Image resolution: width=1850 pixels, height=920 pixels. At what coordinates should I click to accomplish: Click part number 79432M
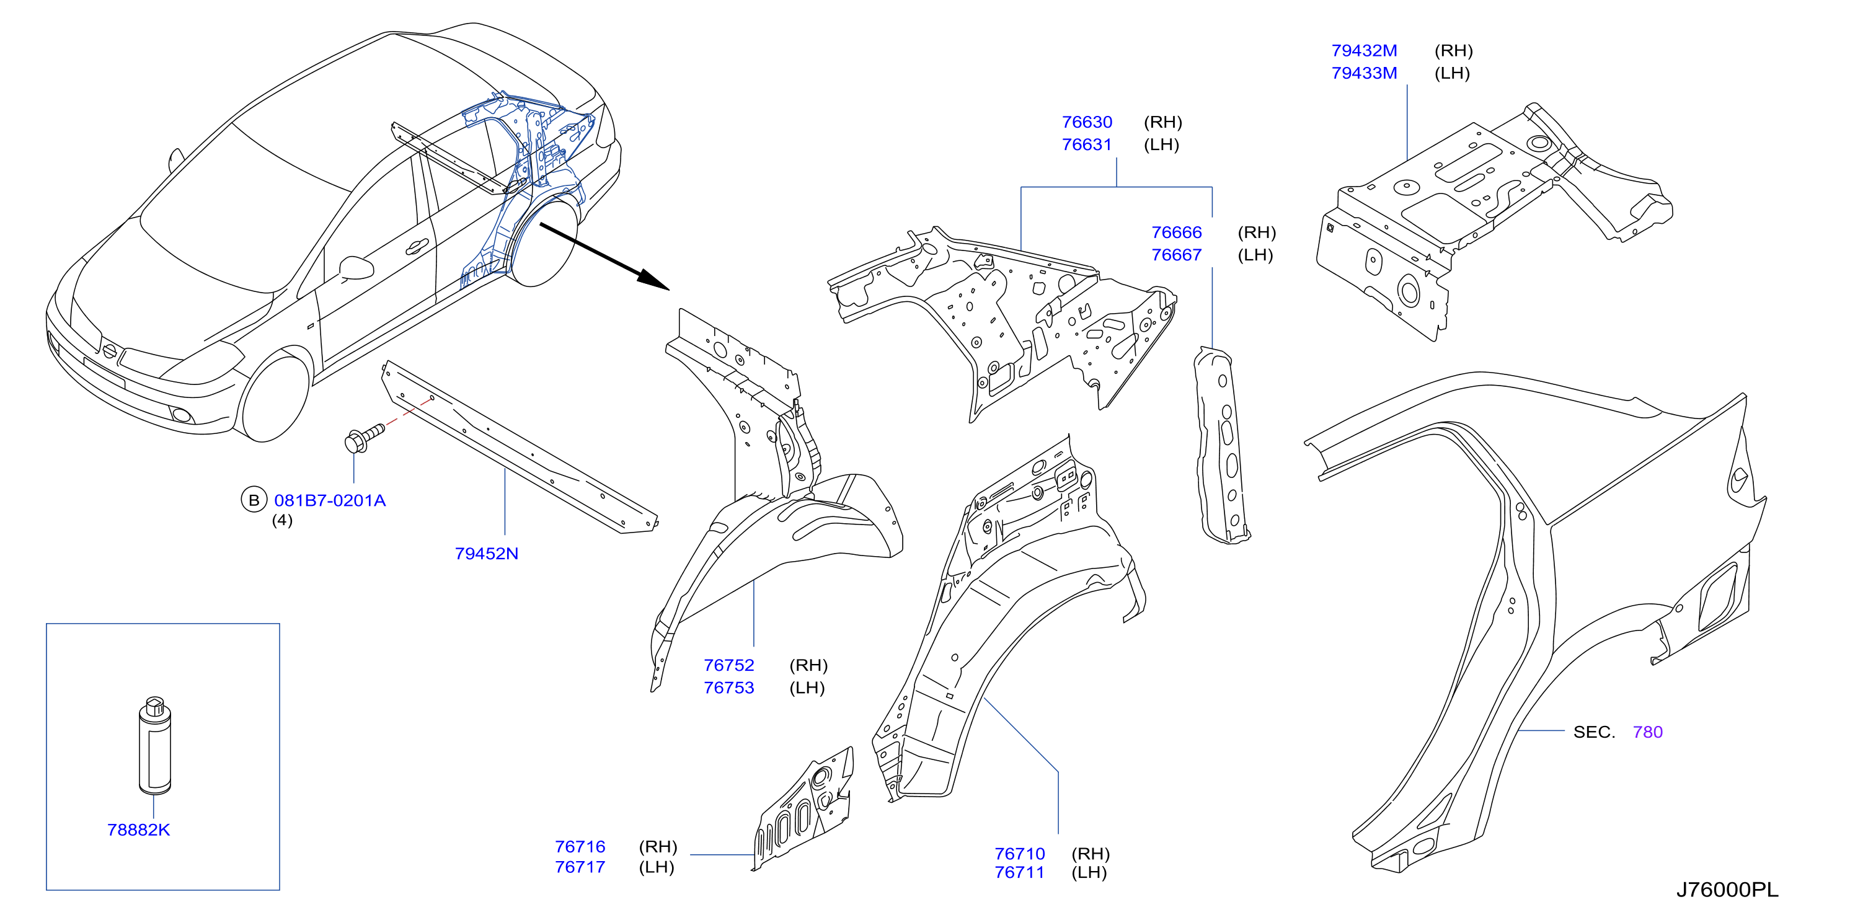coord(1364,51)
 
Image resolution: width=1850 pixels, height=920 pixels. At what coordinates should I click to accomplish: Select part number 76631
coord(1087,144)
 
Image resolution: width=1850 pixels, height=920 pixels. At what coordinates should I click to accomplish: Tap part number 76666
coord(1176,232)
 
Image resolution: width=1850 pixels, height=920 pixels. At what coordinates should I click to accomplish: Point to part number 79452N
coord(486,554)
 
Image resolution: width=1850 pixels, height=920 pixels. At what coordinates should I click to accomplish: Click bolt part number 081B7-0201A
coord(330,500)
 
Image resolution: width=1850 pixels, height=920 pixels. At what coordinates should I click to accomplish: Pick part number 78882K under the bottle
coord(139,830)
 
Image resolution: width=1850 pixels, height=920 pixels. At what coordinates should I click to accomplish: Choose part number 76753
coord(729,688)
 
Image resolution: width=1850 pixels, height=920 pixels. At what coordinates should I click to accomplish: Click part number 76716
coord(580,847)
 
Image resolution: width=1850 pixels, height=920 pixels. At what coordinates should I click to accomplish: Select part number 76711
coord(1019,873)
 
